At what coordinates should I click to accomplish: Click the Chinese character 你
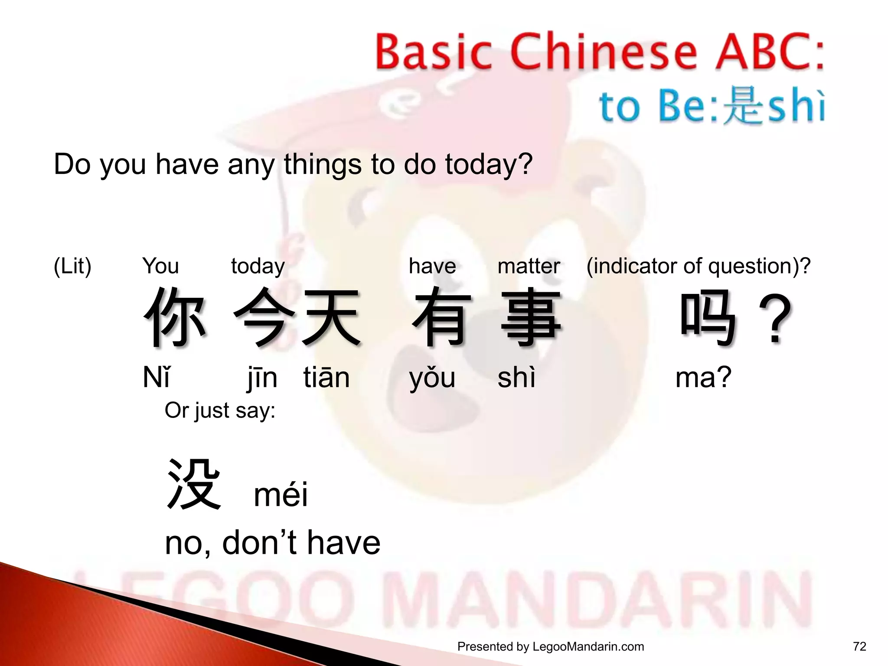(x=174, y=317)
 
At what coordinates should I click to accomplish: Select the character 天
(x=330, y=317)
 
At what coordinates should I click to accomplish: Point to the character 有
(x=441, y=317)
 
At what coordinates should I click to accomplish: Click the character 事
(x=531, y=317)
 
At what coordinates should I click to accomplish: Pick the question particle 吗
(x=708, y=317)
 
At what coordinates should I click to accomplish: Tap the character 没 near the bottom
(x=194, y=484)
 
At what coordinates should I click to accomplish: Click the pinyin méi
(x=281, y=495)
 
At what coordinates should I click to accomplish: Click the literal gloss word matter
(x=529, y=266)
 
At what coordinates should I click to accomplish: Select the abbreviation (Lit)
(x=72, y=266)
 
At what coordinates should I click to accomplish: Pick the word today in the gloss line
(x=258, y=266)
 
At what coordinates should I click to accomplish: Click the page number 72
(x=859, y=646)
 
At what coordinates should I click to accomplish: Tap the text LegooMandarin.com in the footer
(x=588, y=646)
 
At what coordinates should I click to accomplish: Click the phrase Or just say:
(x=220, y=410)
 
